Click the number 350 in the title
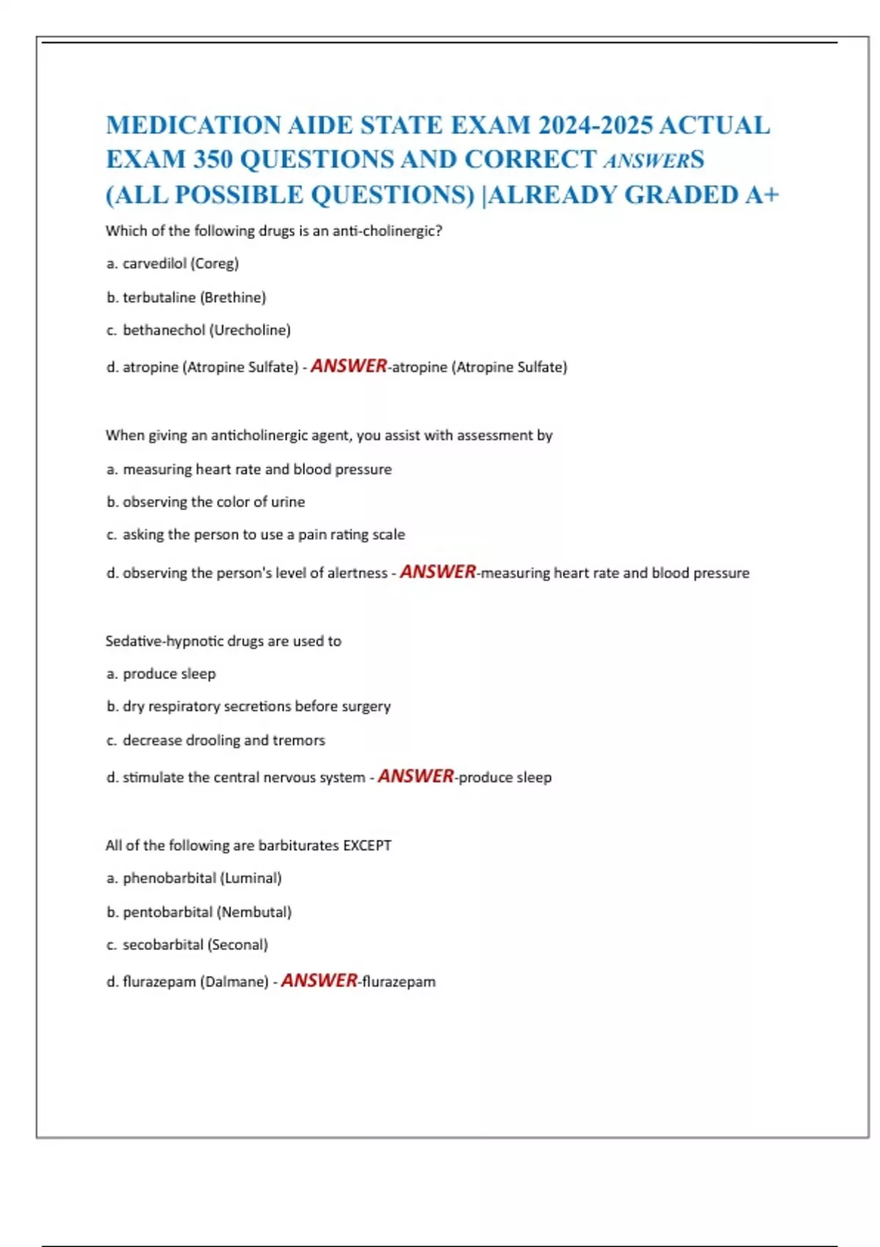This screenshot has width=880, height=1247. (x=213, y=159)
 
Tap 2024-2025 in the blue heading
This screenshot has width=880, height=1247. (x=595, y=125)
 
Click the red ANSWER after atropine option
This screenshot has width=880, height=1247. (x=348, y=365)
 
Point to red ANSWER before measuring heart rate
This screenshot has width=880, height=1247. (x=438, y=571)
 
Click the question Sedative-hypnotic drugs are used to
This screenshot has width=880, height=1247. (x=223, y=641)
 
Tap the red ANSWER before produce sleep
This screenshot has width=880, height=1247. (x=416, y=776)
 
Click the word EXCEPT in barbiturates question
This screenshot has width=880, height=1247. (x=367, y=845)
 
